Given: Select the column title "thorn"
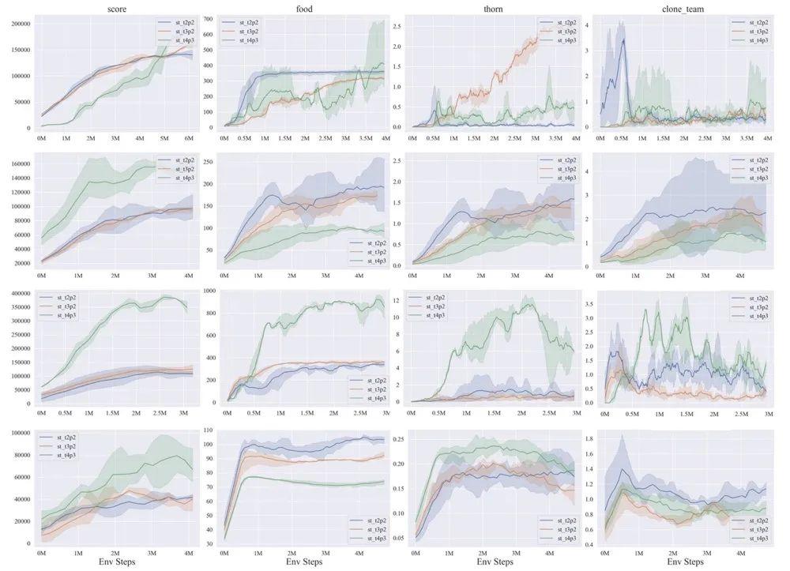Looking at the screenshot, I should point(489,9).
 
